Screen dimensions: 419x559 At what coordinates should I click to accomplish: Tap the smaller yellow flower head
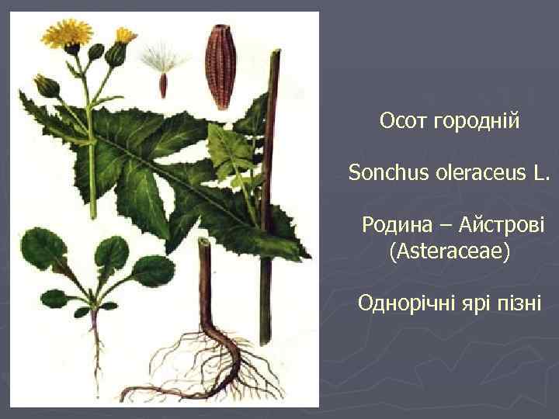(124, 36)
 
